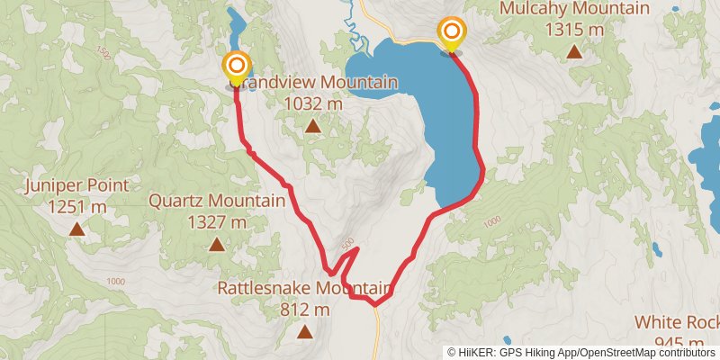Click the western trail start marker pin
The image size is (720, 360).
coord(236,67)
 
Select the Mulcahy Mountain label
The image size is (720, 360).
coord(573,8)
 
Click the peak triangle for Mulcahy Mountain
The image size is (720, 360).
coord(574,50)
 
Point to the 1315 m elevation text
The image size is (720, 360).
coord(573,28)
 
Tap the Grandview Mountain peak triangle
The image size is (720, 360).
coord(312,125)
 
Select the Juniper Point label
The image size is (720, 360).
coord(76,185)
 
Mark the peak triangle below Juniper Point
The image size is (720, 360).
coord(77,229)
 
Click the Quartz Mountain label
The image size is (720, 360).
coord(216,200)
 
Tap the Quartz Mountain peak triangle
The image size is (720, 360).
coord(216,244)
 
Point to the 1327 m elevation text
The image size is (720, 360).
coord(216,221)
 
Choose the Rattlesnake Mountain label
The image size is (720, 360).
coord(305,288)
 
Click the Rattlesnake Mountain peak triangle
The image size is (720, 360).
coord(305,331)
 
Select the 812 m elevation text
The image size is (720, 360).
coord(305,310)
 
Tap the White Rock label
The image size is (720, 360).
coord(676,322)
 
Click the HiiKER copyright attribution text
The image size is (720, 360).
coord(583,352)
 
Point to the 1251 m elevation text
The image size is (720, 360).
coord(76,207)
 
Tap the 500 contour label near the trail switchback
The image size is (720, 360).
coord(347,243)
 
